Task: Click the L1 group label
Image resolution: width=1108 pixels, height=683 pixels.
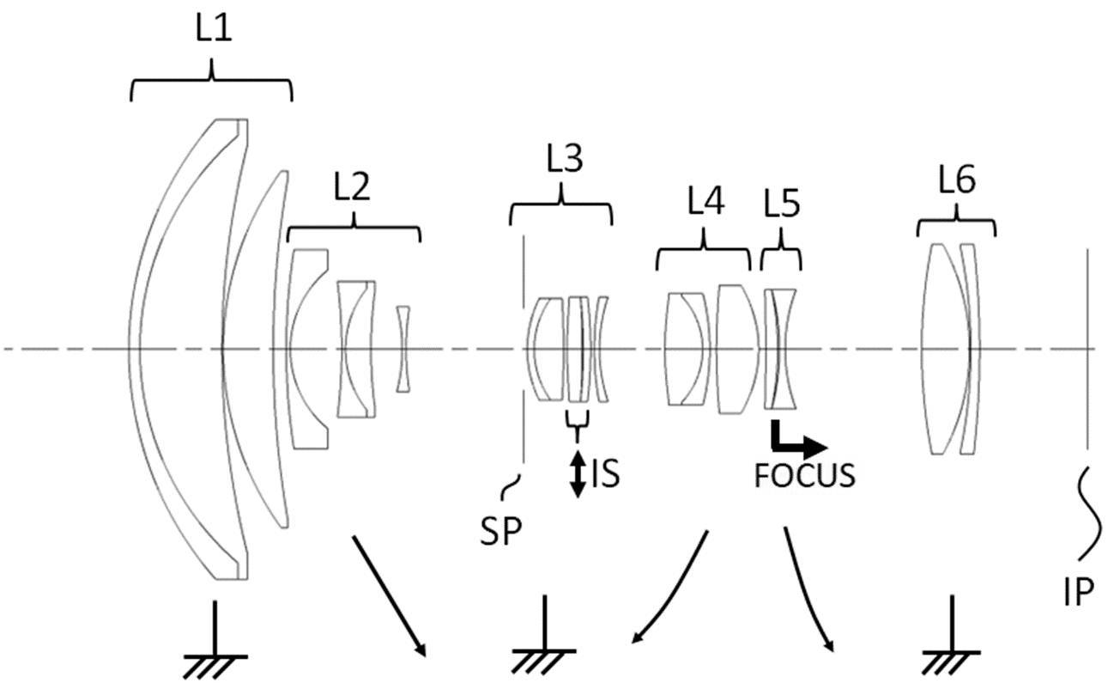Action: click(214, 29)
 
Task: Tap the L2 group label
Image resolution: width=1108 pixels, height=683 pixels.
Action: click(352, 186)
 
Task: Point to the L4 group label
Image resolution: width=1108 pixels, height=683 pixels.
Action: click(705, 201)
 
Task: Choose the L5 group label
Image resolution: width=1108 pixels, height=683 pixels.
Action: click(782, 204)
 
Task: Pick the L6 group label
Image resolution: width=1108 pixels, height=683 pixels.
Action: click(957, 179)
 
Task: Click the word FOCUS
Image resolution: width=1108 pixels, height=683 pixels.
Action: click(805, 476)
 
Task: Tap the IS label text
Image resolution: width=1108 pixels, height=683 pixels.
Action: click(605, 473)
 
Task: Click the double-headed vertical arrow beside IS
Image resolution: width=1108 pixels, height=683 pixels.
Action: click(578, 473)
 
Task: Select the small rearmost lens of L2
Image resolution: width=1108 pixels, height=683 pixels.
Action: click(403, 349)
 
